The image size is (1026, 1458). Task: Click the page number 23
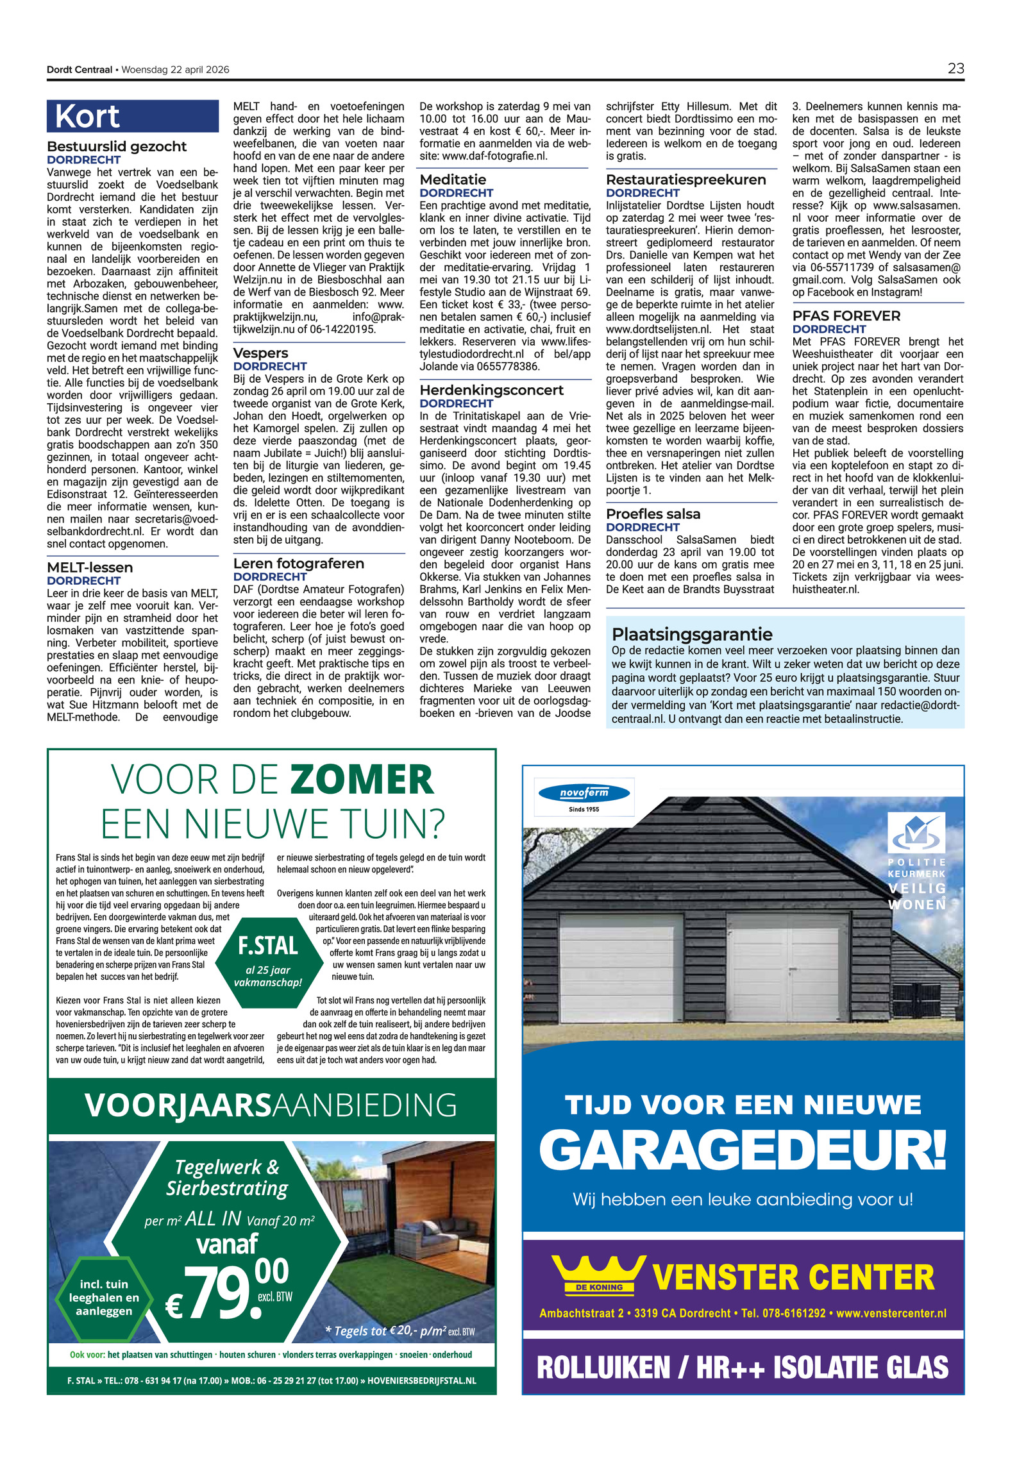955,69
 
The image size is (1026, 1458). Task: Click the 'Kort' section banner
132,117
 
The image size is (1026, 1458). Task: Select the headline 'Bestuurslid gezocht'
117,146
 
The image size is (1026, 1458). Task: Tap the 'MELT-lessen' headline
90,567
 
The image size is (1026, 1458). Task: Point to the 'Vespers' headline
260,353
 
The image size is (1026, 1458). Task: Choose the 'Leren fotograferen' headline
298,564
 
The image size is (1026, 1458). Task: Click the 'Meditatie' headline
453,180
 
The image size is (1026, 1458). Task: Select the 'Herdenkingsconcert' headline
491,390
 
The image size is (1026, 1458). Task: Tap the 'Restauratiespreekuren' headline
685,180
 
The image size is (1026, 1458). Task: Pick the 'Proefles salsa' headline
653,514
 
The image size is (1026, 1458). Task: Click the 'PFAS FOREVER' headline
846,315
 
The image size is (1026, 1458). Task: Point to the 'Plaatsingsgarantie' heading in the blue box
692,634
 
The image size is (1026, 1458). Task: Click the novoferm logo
584,793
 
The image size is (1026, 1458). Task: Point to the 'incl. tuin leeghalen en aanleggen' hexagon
103,1297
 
